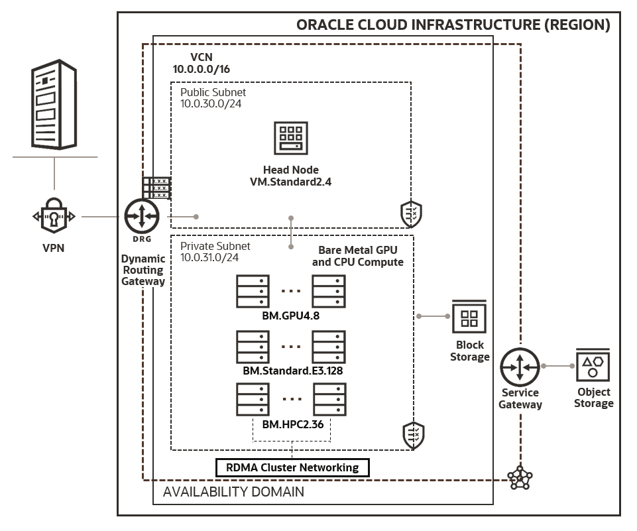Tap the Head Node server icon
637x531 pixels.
(x=290, y=139)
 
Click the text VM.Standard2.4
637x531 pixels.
(x=290, y=182)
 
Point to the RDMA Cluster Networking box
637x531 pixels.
(x=292, y=467)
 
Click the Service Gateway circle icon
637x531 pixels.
(x=520, y=365)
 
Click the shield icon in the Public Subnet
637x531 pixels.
(x=410, y=214)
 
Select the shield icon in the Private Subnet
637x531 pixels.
(x=413, y=436)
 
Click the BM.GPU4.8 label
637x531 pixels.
(x=291, y=316)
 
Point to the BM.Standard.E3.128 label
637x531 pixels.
(x=292, y=371)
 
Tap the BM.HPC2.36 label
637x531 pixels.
(x=293, y=424)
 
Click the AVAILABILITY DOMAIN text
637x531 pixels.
(x=233, y=492)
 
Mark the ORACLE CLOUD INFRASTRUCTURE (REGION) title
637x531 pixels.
(x=453, y=25)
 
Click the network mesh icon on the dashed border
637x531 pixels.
(x=519, y=477)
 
